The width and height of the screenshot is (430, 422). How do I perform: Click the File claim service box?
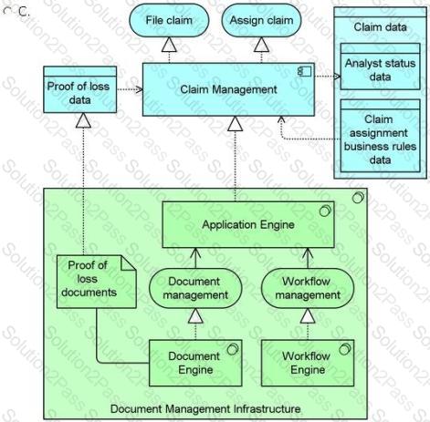pos(169,20)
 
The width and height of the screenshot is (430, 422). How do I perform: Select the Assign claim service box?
pos(261,20)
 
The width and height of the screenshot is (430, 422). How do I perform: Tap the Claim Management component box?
pos(228,89)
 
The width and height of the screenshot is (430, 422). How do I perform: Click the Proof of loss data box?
pos(79,89)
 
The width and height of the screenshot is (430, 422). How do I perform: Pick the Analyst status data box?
pos(380,67)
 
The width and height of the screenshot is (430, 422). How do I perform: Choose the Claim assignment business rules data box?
pos(380,136)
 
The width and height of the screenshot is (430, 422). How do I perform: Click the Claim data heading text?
pos(380,27)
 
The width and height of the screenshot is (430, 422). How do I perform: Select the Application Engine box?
pos(248,224)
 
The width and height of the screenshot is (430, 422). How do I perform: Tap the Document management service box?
pos(195,288)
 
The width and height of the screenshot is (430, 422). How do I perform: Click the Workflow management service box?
pos(308,288)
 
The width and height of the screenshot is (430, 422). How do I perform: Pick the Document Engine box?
pos(195,363)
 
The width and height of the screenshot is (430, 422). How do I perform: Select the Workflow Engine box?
pos(308,363)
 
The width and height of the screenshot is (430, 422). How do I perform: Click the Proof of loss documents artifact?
pos(96,282)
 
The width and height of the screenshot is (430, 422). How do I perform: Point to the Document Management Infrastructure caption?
pos(205,409)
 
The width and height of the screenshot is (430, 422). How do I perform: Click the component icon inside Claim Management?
pos(305,71)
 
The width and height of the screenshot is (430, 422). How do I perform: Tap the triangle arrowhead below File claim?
pos(169,45)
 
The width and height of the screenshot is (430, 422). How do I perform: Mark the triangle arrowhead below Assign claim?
pos(261,45)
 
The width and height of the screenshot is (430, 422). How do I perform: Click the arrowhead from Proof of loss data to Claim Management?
pos(139,89)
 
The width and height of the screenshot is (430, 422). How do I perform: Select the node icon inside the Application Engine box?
pos(325,211)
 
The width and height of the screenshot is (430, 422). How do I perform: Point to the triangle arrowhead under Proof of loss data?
pos(83,120)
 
